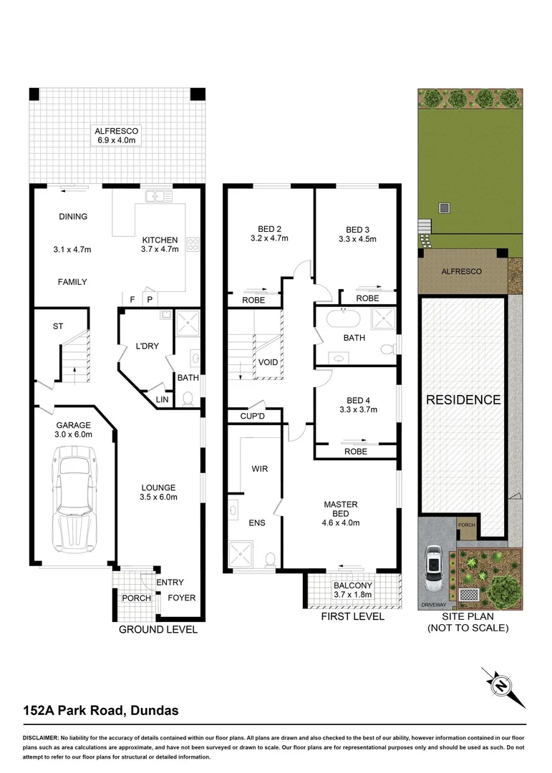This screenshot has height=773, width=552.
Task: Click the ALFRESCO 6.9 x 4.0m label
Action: (116, 136)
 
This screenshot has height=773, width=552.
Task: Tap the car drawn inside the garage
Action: (74, 500)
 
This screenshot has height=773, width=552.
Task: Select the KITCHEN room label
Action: (159, 240)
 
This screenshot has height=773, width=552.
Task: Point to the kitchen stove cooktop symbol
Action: (192, 245)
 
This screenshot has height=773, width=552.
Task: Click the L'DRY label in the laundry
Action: (147, 346)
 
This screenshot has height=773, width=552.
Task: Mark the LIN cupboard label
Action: (163, 399)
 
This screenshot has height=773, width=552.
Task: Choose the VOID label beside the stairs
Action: (268, 362)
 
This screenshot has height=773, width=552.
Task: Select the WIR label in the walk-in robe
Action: (259, 470)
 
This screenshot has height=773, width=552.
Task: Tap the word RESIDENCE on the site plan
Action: (463, 400)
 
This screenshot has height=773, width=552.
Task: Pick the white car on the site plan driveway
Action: (434, 568)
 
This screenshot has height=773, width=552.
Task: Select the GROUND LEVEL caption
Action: (158, 630)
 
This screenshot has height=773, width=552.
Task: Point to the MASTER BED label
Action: (340, 509)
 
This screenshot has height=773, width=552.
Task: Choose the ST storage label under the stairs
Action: (58, 326)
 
